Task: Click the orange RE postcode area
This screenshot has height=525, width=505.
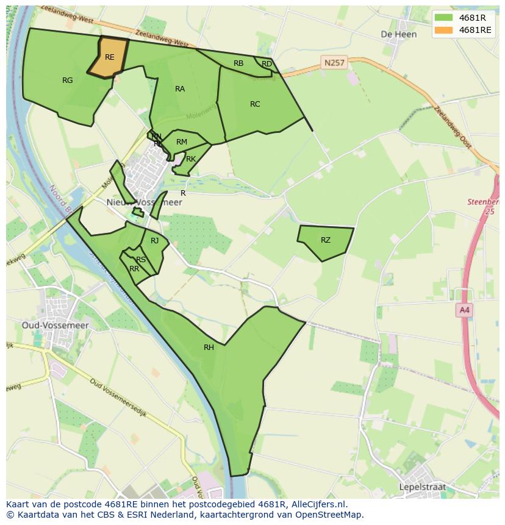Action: [109, 57]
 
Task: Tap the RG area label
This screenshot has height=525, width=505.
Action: [67, 80]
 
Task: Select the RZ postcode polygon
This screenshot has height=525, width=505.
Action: [326, 240]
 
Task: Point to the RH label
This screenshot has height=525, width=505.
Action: [209, 348]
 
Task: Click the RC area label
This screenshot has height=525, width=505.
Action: [255, 104]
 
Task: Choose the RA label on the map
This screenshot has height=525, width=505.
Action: [180, 89]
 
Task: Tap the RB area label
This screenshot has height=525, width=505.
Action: [238, 63]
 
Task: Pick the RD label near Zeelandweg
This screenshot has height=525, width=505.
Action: [267, 64]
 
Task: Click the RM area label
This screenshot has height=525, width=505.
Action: [181, 142]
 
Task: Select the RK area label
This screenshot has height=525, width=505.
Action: [191, 159]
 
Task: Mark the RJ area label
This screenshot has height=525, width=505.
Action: [155, 241]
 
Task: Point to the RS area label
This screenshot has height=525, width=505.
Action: [141, 260]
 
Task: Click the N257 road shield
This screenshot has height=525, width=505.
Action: [334, 63]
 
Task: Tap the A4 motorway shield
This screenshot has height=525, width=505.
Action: [464, 310]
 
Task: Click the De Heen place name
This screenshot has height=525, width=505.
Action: [398, 34]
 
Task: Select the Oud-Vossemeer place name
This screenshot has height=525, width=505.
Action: [55, 326]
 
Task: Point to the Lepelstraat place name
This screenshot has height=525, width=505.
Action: [422, 487]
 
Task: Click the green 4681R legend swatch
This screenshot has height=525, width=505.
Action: [444, 18]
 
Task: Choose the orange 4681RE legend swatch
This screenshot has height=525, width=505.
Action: [444, 30]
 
